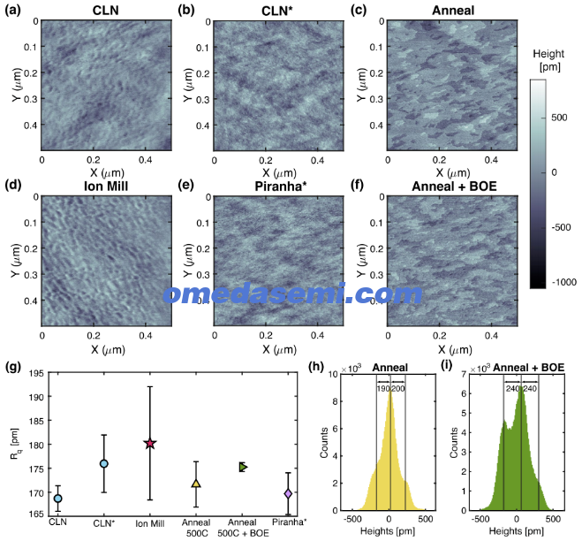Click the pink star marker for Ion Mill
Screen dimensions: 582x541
coord(150,443)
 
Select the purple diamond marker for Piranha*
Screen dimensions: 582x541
coord(288,494)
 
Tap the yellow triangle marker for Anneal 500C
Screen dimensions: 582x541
coord(196,484)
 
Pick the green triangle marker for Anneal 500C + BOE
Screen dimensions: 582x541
coord(243,467)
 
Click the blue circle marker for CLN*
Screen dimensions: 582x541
coord(104,464)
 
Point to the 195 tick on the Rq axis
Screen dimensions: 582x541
coord(36,373)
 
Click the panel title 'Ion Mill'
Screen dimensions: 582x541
coord(106,186)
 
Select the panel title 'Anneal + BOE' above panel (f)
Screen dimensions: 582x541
coord(454,186)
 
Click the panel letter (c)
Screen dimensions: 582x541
coord(359,10)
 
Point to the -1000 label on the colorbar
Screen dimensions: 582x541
coord(563,282)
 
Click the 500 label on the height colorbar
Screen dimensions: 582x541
coord(559,118)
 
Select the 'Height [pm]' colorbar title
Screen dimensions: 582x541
coord(549,60)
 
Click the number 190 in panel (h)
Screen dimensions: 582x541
coord(382,389)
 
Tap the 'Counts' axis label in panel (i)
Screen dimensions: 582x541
coord(454,443)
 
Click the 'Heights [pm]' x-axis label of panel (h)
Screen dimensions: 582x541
coord(388,531)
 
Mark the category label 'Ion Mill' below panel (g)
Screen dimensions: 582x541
coord(149,523)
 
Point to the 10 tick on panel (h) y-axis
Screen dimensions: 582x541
coord(333,374)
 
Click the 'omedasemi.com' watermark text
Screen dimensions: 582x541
coord(292,293)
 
